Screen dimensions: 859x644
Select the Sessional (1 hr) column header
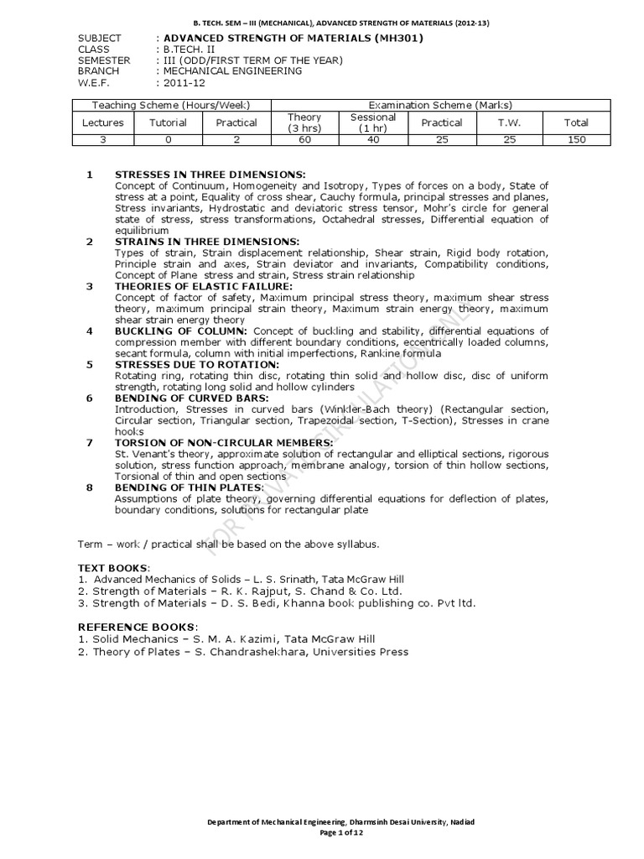coord(373,122)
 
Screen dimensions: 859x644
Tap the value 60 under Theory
coord(304,140)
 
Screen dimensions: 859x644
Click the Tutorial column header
coord(169,122)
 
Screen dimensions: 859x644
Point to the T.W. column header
coord(509,122)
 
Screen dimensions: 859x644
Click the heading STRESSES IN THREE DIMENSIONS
coord(198,174)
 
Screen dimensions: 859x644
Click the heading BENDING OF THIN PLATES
coord(188,487)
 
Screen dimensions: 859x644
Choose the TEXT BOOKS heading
coord(112,568)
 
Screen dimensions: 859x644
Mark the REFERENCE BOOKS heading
coord(138,627)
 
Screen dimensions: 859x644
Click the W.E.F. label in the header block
coord(93,82)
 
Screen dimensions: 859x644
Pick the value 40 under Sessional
coord(373,140)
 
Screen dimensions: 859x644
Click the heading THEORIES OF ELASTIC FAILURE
coord(203,286)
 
